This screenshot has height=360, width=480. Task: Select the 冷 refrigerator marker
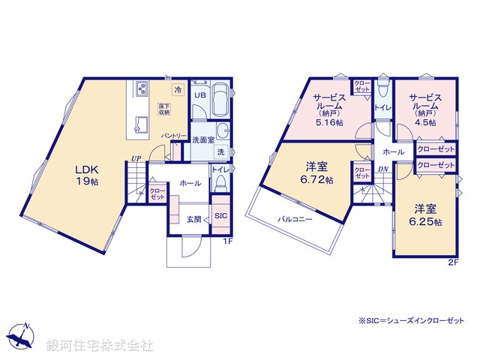[178, 90]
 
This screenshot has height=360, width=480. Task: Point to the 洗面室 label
[202, 139]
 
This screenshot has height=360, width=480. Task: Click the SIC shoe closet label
[221, 216]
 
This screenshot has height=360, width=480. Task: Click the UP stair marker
[135, 158]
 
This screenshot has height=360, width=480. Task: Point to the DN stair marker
[383, 169]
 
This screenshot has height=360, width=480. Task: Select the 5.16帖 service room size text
[328, 121]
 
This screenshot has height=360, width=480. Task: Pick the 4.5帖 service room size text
[424, 121]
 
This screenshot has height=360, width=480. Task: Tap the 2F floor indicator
[452, 262]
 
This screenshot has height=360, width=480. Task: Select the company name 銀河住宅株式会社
[100, 346]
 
